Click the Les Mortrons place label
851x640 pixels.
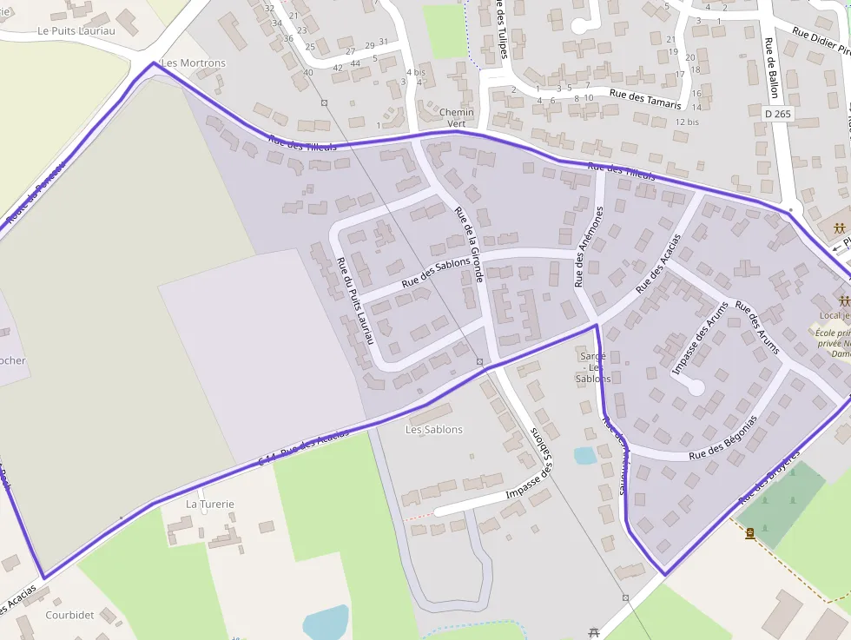pyautogui.click(x=194, y=63)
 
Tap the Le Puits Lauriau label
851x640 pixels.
pyautogui.click(x=76, y=30)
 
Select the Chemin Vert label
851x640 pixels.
pyautogui.click(x=457, y=118)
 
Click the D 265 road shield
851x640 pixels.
pyautogui.click(x=779, y=114)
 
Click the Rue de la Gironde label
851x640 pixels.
pyautogui.click(x=469, y=245)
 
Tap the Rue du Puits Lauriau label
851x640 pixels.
pyautogui.click(x=354, y=301)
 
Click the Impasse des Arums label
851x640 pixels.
pyautogui.click(x=700, y=345)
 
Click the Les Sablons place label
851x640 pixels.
pyautogui.click(x=434, y=430)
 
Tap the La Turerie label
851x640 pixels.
pyautogui.click(x=210, y=504)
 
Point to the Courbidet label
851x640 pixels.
pyautogui.click(x=69, y=615)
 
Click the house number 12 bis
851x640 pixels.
pyautogui.click(x=687, y=122)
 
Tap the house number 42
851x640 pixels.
pyautogui.click(x=339, y=68)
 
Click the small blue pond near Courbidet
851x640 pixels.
pyautogui.click(x=326, y=622)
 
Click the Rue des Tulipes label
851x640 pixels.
pyautogui.click(x=502, y=28)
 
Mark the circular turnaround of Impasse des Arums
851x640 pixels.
pyautogui.click(x=696, y=388)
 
